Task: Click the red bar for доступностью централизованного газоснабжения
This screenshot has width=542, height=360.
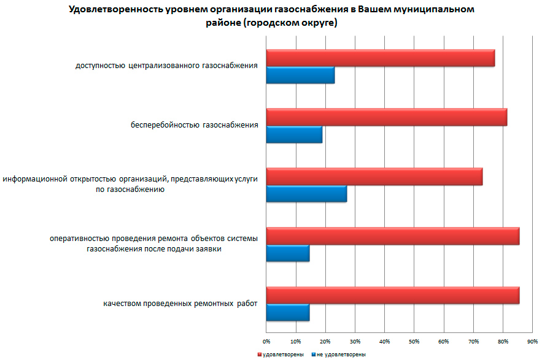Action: (381, 58)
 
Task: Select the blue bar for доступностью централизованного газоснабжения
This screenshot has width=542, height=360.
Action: (300, 75)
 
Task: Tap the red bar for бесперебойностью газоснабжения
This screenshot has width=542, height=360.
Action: (387, 117)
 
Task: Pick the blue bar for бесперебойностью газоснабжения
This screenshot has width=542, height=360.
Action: (294, 134)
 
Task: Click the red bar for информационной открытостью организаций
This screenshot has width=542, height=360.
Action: (374, 177)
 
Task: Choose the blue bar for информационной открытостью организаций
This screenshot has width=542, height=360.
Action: (306, 193)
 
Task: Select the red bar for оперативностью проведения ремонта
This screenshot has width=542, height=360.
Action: (393, 236)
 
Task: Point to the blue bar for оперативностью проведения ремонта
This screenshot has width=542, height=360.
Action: (288, 253)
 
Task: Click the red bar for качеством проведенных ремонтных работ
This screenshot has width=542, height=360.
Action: (393, 295)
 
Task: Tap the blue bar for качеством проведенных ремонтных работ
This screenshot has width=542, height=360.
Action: (288, 312)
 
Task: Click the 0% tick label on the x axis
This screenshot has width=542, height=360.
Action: (266, 340)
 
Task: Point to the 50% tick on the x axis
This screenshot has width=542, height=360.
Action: (414, 340)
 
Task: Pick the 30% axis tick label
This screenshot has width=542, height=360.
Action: (355, 340)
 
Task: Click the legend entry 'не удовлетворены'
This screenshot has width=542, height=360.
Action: (341, 354)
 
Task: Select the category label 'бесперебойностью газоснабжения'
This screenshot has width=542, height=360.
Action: (194, 126)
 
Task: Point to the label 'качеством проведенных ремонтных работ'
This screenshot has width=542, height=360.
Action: (180, 304)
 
